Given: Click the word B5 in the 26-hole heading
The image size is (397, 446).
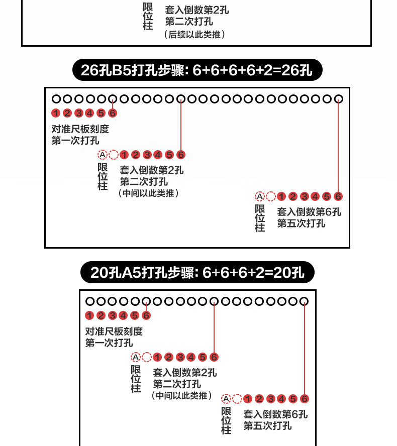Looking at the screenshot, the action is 121,71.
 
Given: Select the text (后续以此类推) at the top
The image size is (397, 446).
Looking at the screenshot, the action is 194,35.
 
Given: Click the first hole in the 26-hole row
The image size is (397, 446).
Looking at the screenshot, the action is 56,99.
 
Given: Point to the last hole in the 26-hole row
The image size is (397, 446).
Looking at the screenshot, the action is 339,99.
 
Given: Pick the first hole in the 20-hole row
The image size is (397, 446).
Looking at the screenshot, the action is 90,301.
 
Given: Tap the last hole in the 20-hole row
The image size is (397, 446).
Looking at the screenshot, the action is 304,301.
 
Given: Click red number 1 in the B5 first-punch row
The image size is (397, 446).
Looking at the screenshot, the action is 56,113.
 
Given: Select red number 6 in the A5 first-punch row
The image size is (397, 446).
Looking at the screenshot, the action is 146,315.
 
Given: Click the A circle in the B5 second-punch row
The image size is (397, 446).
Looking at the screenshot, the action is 103,155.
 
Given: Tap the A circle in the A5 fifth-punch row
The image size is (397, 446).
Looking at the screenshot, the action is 226,399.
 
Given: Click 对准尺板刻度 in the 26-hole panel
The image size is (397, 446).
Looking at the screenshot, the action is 80,129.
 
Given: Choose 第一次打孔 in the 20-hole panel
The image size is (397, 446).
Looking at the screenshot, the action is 109,343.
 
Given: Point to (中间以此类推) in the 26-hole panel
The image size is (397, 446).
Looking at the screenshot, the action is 149,193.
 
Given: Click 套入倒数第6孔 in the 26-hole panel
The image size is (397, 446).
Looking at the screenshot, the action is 309,211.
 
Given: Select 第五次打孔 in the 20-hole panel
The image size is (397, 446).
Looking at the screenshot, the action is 267,426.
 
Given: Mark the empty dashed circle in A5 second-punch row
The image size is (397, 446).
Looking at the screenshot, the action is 147,358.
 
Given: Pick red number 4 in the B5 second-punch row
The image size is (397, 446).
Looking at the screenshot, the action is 158,155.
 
